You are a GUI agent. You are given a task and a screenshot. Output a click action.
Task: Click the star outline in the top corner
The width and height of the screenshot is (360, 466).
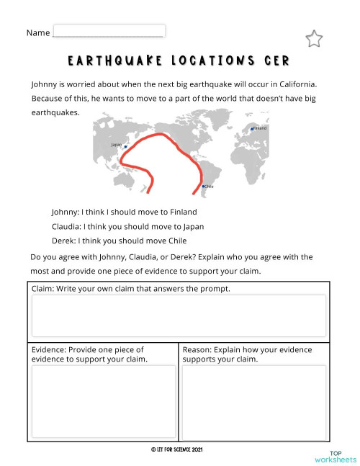[x=314, y=39]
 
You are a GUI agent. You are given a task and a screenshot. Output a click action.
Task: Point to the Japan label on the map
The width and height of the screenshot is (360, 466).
[x=117, y=144]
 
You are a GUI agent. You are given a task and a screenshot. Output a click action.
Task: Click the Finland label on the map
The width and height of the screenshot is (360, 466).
[x=260, y=127]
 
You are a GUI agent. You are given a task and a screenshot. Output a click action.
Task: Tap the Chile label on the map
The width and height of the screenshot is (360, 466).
[x=210, y=187]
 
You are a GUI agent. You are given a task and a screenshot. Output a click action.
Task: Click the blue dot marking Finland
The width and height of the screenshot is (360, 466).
[x=251, y=130]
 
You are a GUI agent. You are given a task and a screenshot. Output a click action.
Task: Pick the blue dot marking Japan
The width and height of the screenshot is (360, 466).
[x=125, y=147]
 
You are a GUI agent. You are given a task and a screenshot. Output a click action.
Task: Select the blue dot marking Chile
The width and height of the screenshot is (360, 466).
[x=203, y=187]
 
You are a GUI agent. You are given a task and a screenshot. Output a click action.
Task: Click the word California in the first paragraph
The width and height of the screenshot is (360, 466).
[x=292, y=84]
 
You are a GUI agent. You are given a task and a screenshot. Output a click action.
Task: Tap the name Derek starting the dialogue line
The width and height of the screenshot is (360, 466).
[x=63, y=241]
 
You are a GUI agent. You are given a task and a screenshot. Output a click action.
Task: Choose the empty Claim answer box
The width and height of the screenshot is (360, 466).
[x=179, y=315]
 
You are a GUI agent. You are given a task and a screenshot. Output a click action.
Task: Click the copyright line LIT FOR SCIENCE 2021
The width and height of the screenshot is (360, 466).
[x=177, y=449]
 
